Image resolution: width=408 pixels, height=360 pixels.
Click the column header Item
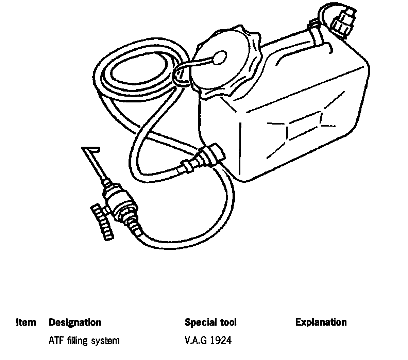(x=26, y=322)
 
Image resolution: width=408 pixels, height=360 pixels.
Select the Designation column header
(x=75, y=322)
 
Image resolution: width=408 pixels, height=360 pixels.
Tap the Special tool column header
(x=210, y=322)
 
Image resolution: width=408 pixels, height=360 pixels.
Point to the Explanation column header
(x=321, y=322)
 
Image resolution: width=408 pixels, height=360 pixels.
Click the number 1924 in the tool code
(x=221, y=340)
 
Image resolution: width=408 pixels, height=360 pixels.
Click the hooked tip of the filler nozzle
(x=90, y=149)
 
